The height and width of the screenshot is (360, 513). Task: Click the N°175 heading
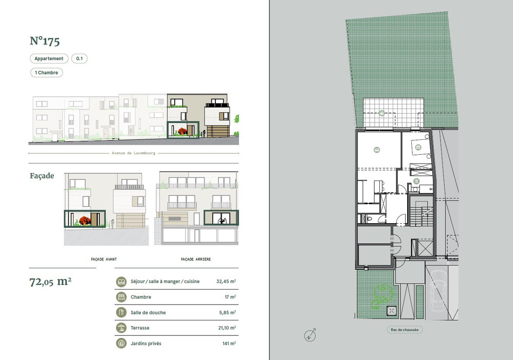coord(45,41)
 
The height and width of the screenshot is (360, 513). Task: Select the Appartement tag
coord(49,59)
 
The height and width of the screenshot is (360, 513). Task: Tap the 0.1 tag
coord(80,59)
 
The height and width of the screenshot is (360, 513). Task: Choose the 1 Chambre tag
coord(46,73)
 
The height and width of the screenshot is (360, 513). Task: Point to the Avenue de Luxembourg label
coord(134,153)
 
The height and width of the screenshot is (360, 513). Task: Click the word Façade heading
coord(42,176)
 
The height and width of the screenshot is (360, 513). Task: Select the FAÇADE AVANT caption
coord(104,259)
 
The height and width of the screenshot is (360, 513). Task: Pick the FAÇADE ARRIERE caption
coord(196,259)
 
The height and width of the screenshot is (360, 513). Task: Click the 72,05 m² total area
coord(50,281)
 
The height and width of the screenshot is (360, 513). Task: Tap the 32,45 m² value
coord(226,281)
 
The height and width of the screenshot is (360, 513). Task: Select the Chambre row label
coord(141,297)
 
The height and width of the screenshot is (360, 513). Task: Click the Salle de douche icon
coord(121,312)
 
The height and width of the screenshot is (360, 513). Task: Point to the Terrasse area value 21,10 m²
coord(227,328)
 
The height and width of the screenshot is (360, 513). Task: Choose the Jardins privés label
coord(146,344)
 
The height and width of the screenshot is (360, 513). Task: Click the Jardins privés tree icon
coord(121,344)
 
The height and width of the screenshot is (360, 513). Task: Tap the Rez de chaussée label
coord(405,330)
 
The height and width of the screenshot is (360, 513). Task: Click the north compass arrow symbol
coord(310,335)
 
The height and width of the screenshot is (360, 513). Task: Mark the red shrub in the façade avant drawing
coord(85,220)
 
